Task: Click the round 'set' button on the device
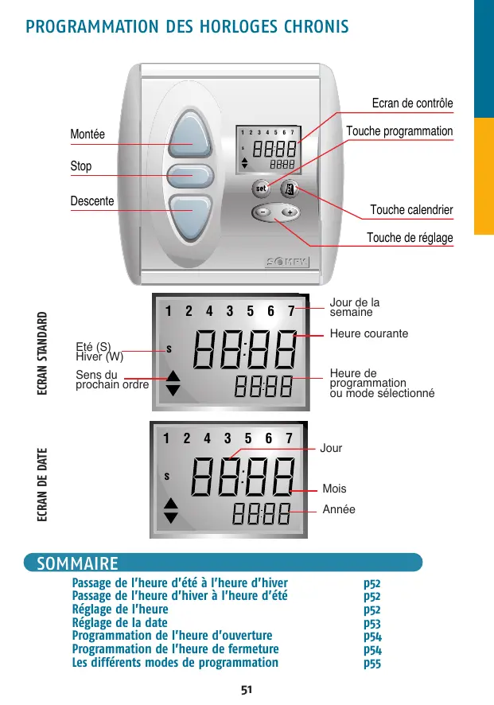pyautogui.click(x=261, y=189)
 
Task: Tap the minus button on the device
pyautogui.click(x=263, y=213)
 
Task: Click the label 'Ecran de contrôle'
pyautogui.click(x=412, y=104)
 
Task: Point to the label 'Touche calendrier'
pyautogui.click(x=411, y=210)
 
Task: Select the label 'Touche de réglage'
pyautogui.click(x=410, y=238)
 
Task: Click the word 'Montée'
pyautogui.click(x=88, y=134)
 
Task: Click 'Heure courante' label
pyautogui.click(x=368, y=334)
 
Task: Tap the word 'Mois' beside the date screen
pyautogui.click(x=334, y=489)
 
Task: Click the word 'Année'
pyautogui.click(x=339, y=509)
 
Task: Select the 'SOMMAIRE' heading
pyautogui.click(x=72, y=564)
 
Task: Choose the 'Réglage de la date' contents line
pyautogui.click(x=120, y=622)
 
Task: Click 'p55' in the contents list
pyautogui.click(x=372, y=662)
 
